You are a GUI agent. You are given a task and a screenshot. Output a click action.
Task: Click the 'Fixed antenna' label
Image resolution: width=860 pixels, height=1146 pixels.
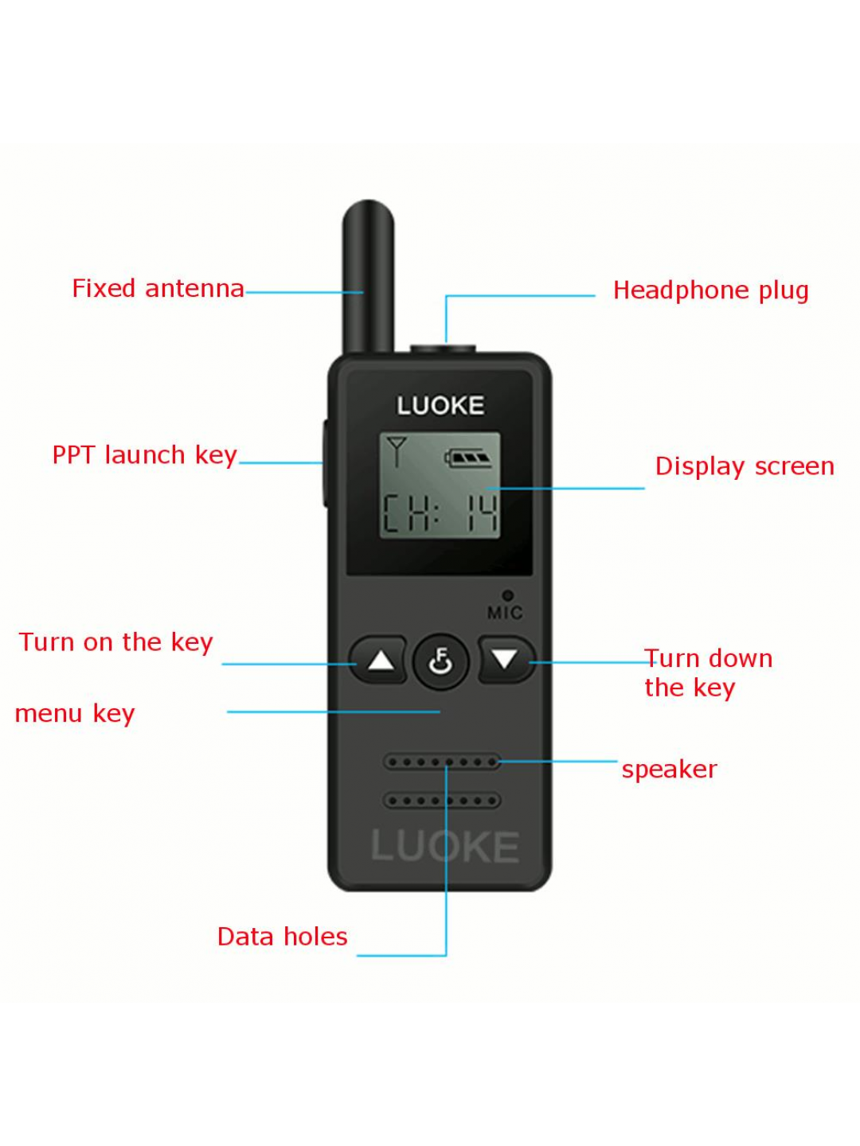click(158, 288)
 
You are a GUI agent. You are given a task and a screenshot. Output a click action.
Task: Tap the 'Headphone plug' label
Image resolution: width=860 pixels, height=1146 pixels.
click(710, 290)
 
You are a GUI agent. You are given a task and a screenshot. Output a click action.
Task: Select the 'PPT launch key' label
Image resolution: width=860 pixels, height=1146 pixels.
click(145, 455)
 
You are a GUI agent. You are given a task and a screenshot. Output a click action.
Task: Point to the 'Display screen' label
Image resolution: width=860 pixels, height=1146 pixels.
click(745, 466)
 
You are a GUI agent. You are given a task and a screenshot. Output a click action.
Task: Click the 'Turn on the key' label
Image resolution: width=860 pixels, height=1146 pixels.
click(116, 642)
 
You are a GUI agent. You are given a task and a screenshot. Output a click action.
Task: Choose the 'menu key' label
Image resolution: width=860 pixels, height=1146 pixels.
click(75, 714)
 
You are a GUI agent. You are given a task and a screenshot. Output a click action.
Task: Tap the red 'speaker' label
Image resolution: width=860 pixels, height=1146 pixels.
click(670, 770)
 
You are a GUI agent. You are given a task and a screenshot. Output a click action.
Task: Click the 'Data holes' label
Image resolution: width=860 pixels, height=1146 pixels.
click(282, 936)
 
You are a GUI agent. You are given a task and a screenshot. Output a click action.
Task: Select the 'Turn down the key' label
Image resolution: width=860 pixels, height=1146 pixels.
click(708, 673)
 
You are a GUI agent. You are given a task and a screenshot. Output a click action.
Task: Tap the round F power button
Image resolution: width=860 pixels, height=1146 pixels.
click(440, 661)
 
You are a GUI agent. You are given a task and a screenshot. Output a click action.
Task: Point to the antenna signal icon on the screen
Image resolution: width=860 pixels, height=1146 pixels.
click(397, 451)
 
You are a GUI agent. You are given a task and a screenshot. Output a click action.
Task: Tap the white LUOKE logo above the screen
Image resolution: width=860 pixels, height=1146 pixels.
click(440, 406)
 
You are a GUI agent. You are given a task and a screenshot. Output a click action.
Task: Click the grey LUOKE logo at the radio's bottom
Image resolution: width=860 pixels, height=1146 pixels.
click(445, 846)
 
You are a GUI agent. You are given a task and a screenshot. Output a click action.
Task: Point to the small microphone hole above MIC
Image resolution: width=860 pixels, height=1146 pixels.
click(507, 595)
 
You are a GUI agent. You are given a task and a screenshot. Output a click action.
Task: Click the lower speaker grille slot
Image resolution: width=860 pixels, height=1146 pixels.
click(442, 801)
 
